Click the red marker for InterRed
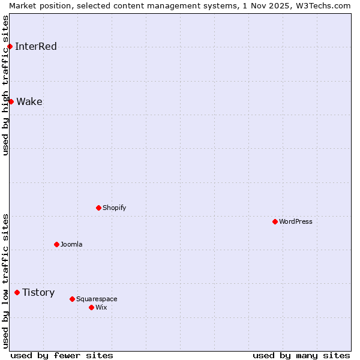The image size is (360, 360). (x=10, y=47)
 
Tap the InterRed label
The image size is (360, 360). (x=36, y=47)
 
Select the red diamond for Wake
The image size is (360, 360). (x=11, y=102)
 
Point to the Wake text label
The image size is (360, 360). (x=29, y=102)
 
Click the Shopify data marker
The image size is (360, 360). (x=99, y=208)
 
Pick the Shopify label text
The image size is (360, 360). (x=115, y=208)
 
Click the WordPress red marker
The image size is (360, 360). (x=275, y=222)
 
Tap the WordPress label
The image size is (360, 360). (x=296, y=222)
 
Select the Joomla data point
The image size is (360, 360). (x=57, y=245)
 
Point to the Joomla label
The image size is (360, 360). (x=71, y=245)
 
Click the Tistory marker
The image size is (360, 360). (x=17, y=293)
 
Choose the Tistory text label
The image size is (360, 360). (x=38, y=293)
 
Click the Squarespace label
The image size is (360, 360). (x=97, y=299)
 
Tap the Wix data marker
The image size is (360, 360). (x=92, y=308)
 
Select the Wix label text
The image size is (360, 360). (x=101, y=308)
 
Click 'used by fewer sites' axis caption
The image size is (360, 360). (x=62, y=356)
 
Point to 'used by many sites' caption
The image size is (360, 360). (x=301, y=356)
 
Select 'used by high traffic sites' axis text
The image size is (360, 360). (x=5, y=85)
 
